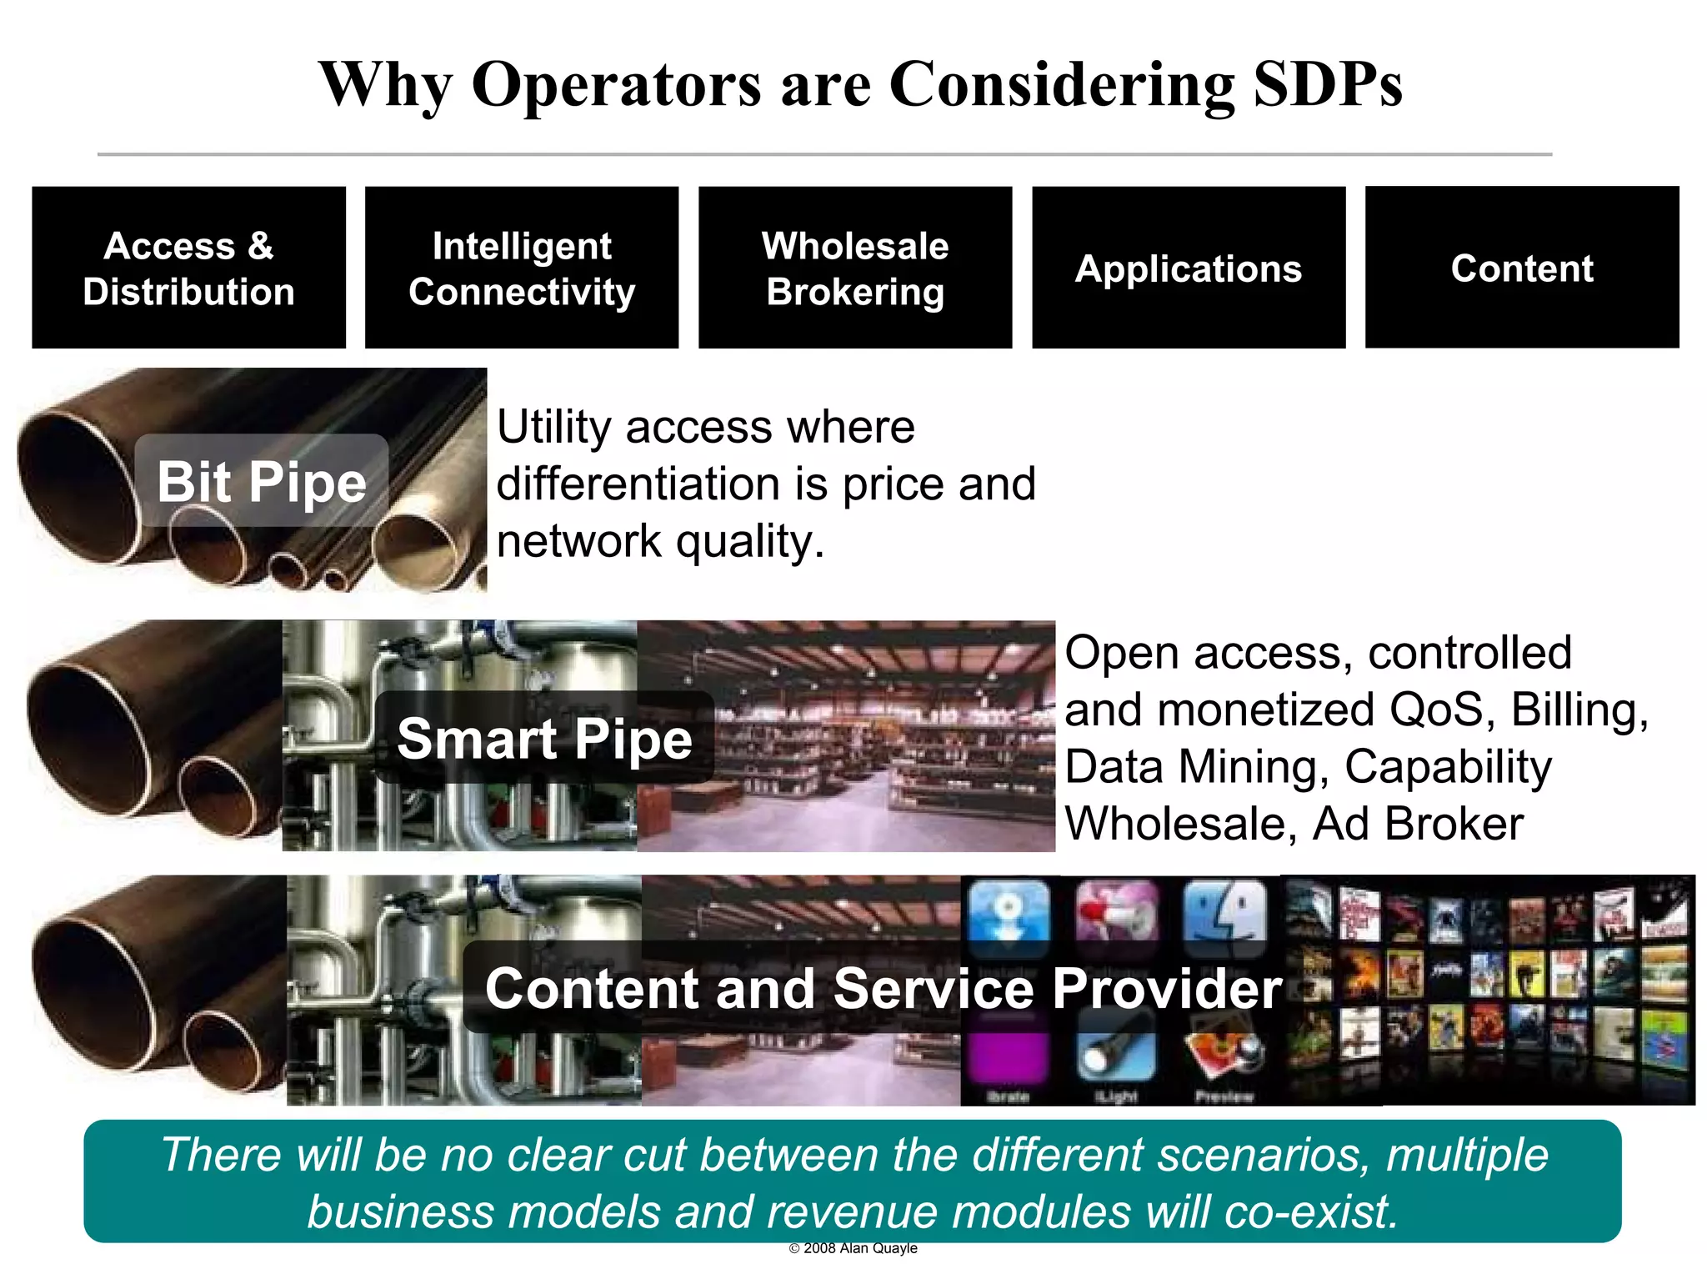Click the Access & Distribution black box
(x=188, y=268)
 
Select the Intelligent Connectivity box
(x=522, y=268)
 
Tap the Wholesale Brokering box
(x=855, y=268)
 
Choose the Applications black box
(x=1189, y=268)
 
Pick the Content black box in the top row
(x=1522, y=268)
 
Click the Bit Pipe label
(x=262, y=481)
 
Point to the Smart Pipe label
(x=544, y=738)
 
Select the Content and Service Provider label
(x=884, y=988)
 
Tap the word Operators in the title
(x=616, y=84)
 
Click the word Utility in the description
(x=554, y=428)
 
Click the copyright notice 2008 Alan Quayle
(x=853, y=1248)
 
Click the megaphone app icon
(x=1116, y=910)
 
